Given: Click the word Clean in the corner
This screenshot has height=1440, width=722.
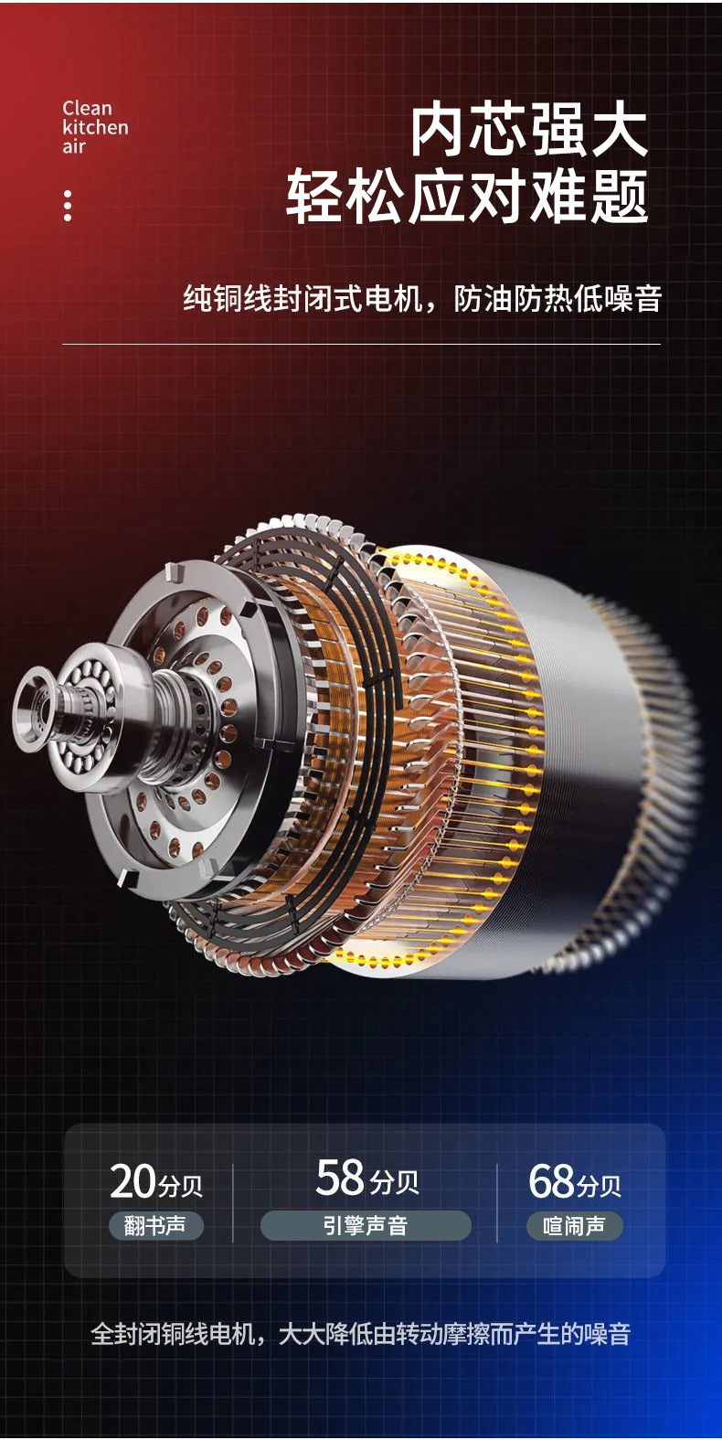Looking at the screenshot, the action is (88, 108).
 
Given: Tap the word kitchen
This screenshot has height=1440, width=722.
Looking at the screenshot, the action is (95, 127).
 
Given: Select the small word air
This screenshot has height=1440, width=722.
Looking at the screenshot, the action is (74, 146).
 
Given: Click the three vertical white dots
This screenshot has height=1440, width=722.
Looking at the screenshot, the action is (68, 206).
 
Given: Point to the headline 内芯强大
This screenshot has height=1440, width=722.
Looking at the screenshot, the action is (528, 132).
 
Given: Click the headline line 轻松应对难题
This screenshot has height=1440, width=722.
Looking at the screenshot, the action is (467, 197).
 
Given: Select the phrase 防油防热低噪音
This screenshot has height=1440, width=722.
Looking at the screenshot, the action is (557, 299).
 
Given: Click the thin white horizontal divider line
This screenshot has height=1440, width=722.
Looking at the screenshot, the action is (361, 344).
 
